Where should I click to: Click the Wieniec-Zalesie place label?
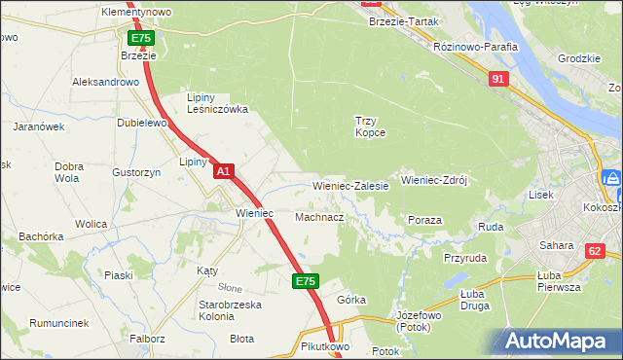(350, 185)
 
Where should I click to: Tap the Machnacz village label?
(319, 217)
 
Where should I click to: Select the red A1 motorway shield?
(223, 171)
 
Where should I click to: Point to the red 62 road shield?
(594, 251)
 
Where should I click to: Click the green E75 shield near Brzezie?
(140, 38)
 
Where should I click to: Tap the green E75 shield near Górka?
(306, 281)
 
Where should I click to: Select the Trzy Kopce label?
(369, 126)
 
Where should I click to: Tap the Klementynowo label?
(136, 12)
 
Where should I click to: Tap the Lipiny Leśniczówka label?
(217, 103)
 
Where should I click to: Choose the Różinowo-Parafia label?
(476, 46)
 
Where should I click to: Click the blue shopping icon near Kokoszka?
(612, 179)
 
